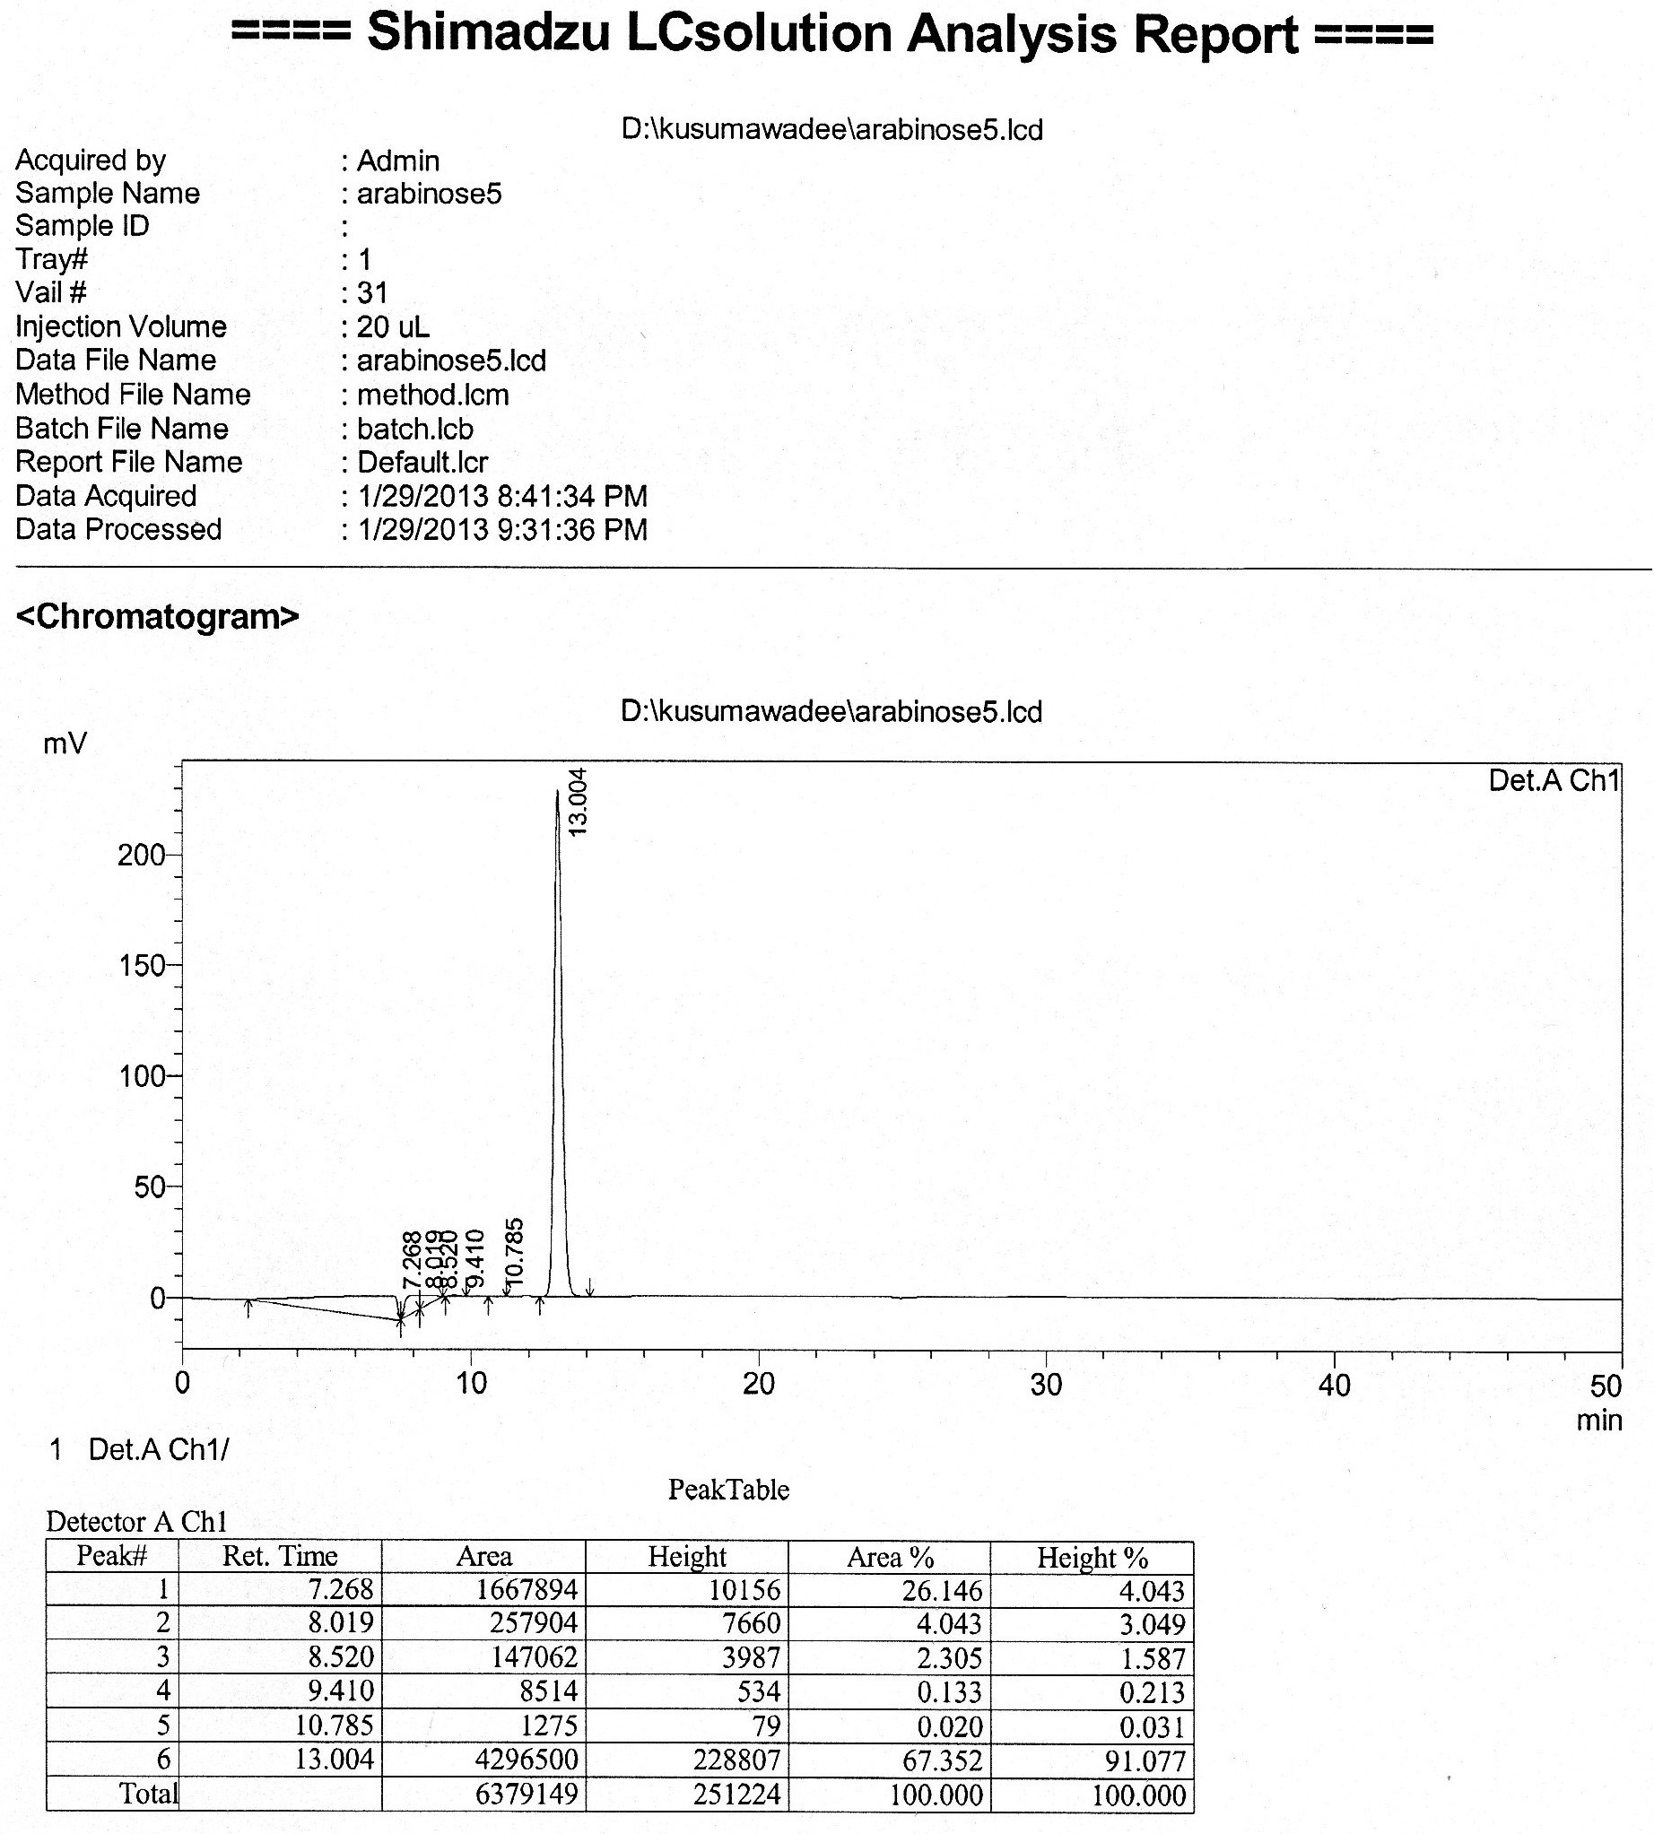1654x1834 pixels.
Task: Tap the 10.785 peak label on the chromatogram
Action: pyautogui.click(x=514, y=1253)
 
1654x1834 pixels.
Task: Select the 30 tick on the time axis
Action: pyautogui.click(x=1046, y=1385)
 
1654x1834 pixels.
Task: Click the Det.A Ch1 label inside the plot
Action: pyautogui.click(x=1554, y=780)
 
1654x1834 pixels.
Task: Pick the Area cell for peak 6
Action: pyautogui.click(x=527, y=1759)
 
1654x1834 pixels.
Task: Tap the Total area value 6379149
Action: pyautogui.click(x=527, y=1793)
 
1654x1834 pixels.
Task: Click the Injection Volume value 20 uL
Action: pyautogui.click(x=393, y=327)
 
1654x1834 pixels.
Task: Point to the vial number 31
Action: pyautogui.click(x=372, y=292)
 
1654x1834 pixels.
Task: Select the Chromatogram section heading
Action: pyautogui.click(x=157, y=616)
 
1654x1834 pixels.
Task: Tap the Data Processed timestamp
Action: pyautogui.click(x=502, y=530)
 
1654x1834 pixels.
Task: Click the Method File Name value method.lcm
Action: pyautogui.click(x=432, y=395)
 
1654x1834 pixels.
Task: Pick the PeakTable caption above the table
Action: pyautogui.click(x=728, y=1490)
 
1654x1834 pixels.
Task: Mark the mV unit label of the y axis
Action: pyautogui.click(x=65, y=744)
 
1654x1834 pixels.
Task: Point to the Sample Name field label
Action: pyautogui.click(x=108, y=194)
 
